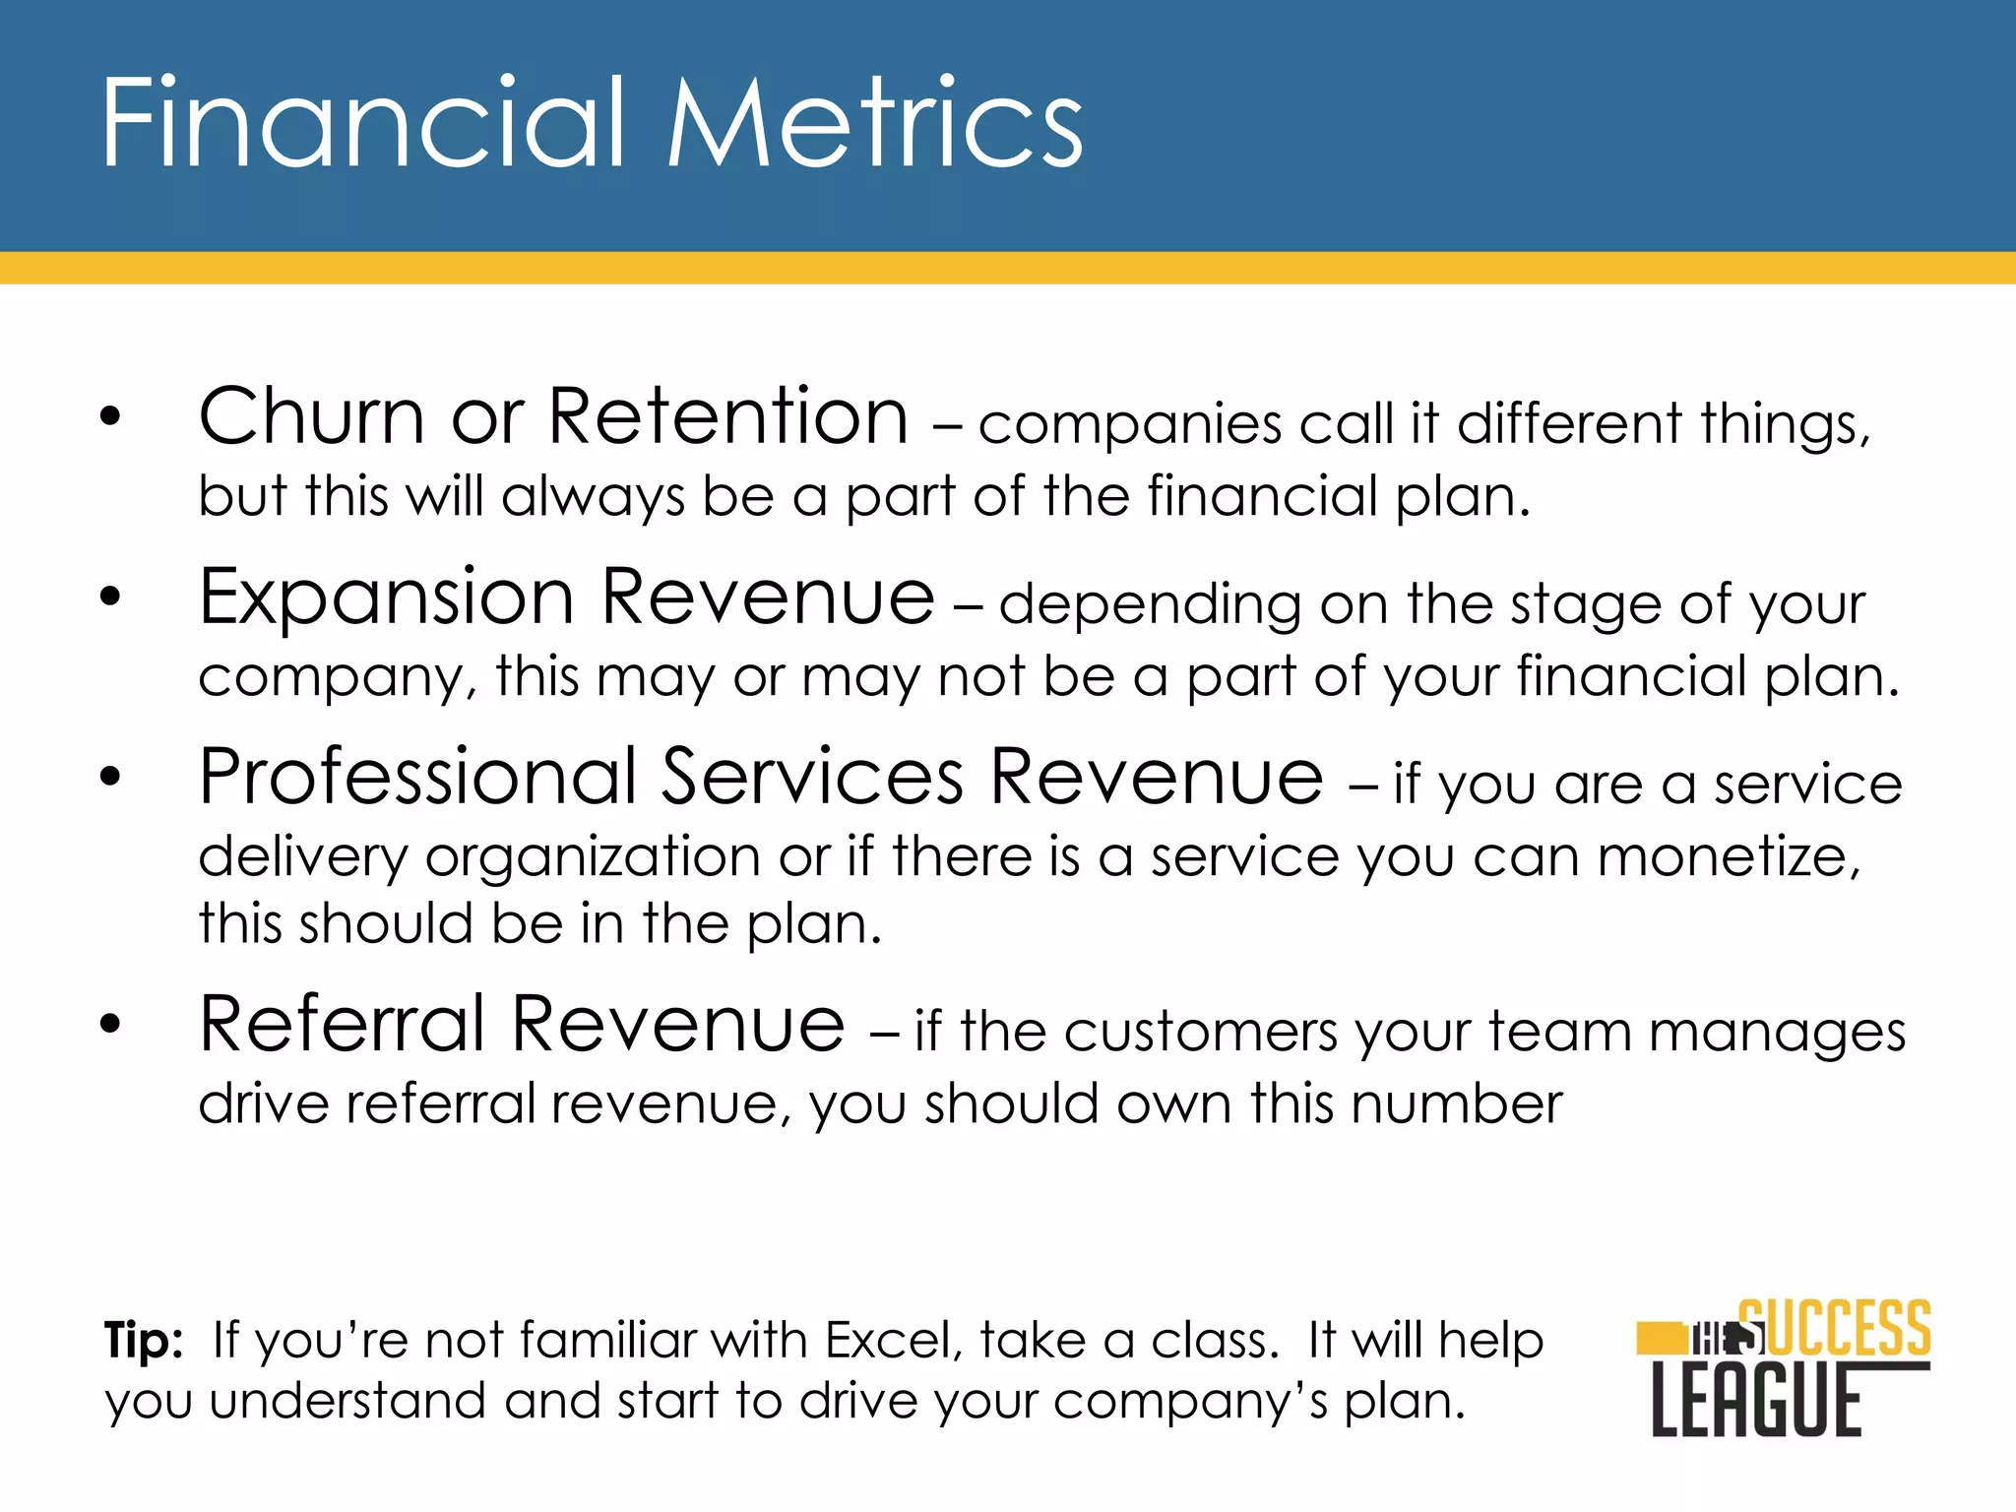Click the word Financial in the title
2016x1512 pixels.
pos(362,125)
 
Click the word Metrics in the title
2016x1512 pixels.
pos(875,125)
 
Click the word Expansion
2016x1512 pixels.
pos(386,598)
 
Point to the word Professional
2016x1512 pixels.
pos(417,778)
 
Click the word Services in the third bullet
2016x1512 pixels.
pos(812,778)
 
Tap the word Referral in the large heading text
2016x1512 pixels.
pos(342,1025)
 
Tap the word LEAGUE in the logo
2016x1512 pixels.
pos(1757,1400)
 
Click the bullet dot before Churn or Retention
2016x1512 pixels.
pos(110,416)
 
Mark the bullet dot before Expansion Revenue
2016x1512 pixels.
pos(110,597)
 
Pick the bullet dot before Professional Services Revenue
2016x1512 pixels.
pos(110,777)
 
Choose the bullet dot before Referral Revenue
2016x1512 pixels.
pos(110,1024)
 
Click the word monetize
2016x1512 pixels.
pos(1729,856)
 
